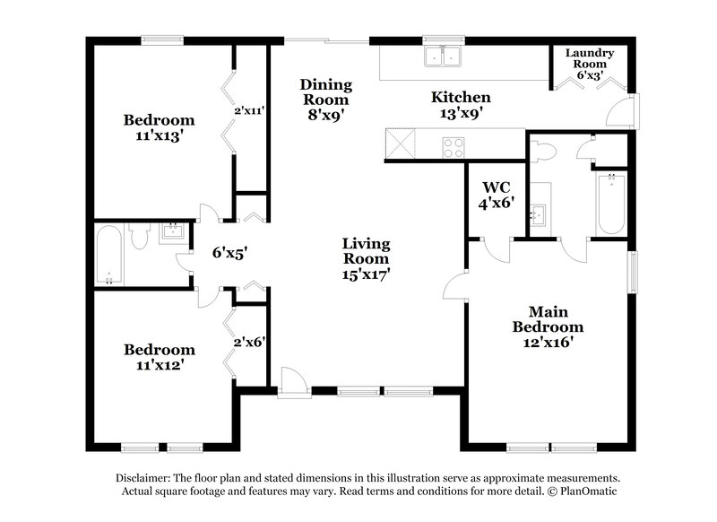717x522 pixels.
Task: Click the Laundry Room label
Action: point(589,65)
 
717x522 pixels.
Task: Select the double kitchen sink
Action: point(442,57)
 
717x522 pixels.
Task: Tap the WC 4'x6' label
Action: point(496,196)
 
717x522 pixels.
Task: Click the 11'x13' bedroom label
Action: point(159,127)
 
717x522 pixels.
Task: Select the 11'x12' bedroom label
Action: point(159,357)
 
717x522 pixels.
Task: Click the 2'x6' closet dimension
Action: point(249,342)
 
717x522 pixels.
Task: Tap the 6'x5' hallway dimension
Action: point(229,254)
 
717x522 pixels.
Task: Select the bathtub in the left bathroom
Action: point(108,256)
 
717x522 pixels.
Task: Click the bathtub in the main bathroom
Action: point(612,203)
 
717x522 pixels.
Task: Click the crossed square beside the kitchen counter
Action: point(399,144)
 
